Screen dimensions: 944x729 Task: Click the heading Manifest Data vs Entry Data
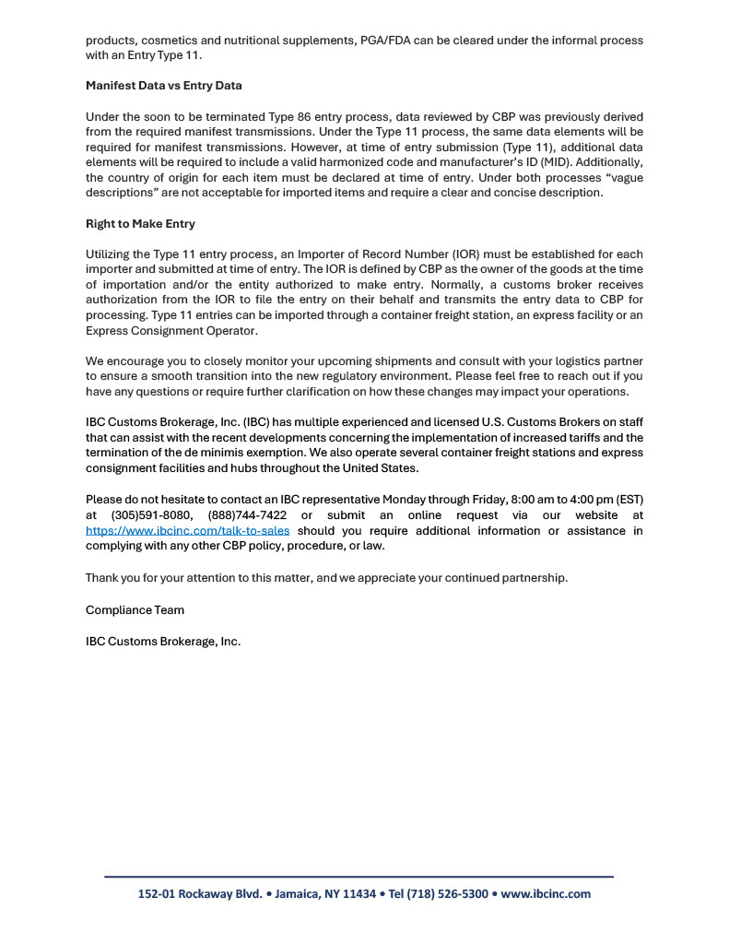click(x=163, y=86)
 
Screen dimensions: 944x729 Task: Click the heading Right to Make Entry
click(x=140, y=224)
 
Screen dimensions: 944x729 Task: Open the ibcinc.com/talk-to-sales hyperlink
click(x=187, y=531)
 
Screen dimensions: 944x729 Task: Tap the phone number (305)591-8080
click(x=151, y=515)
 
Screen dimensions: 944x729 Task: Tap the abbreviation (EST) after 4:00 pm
click(x=628, y=500)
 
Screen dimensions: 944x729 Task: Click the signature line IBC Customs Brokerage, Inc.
click(x=163, y=642)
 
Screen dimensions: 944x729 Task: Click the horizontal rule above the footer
click(x=359, y=877)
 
